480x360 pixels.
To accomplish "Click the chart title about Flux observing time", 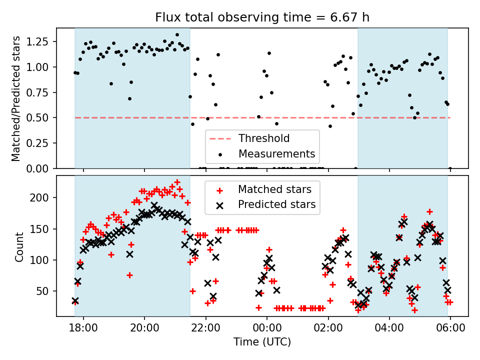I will coord(262,18).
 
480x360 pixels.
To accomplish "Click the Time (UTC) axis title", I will coord(262,342).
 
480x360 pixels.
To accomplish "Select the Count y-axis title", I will coord(19,247).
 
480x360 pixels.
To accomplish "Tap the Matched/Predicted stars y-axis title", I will coord(16,98).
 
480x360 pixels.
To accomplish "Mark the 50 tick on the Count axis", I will coord(44,291).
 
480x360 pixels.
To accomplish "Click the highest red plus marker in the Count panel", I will coord(177,182).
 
